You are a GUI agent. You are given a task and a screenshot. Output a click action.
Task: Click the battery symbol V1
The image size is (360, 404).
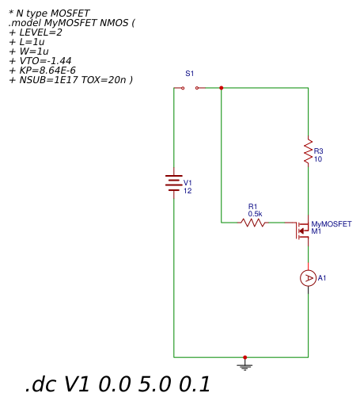point(174,183)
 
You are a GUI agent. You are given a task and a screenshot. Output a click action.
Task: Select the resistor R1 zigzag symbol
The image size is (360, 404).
point(253,223)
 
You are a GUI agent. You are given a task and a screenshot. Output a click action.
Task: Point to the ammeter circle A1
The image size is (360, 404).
point(309,278)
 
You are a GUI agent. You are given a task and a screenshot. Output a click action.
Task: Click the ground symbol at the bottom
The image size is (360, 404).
point(245,365)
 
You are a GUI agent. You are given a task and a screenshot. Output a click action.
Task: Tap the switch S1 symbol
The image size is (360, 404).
point(190,88)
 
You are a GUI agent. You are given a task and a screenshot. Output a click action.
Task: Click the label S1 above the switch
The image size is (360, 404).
point(189,73)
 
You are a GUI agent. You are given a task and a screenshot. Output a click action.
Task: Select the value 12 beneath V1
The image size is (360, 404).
point(188,191)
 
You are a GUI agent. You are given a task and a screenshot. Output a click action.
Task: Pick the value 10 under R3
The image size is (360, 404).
point(318,159)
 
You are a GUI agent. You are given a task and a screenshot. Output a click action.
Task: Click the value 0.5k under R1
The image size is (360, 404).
point(255,214)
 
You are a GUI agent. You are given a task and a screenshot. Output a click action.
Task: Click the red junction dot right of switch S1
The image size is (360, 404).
point(222,88)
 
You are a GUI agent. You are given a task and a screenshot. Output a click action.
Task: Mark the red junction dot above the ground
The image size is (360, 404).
point(245,357)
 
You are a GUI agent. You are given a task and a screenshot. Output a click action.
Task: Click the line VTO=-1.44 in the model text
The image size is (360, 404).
point(43,61)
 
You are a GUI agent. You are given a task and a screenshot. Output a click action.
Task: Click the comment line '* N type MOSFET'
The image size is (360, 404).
point(49,13)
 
